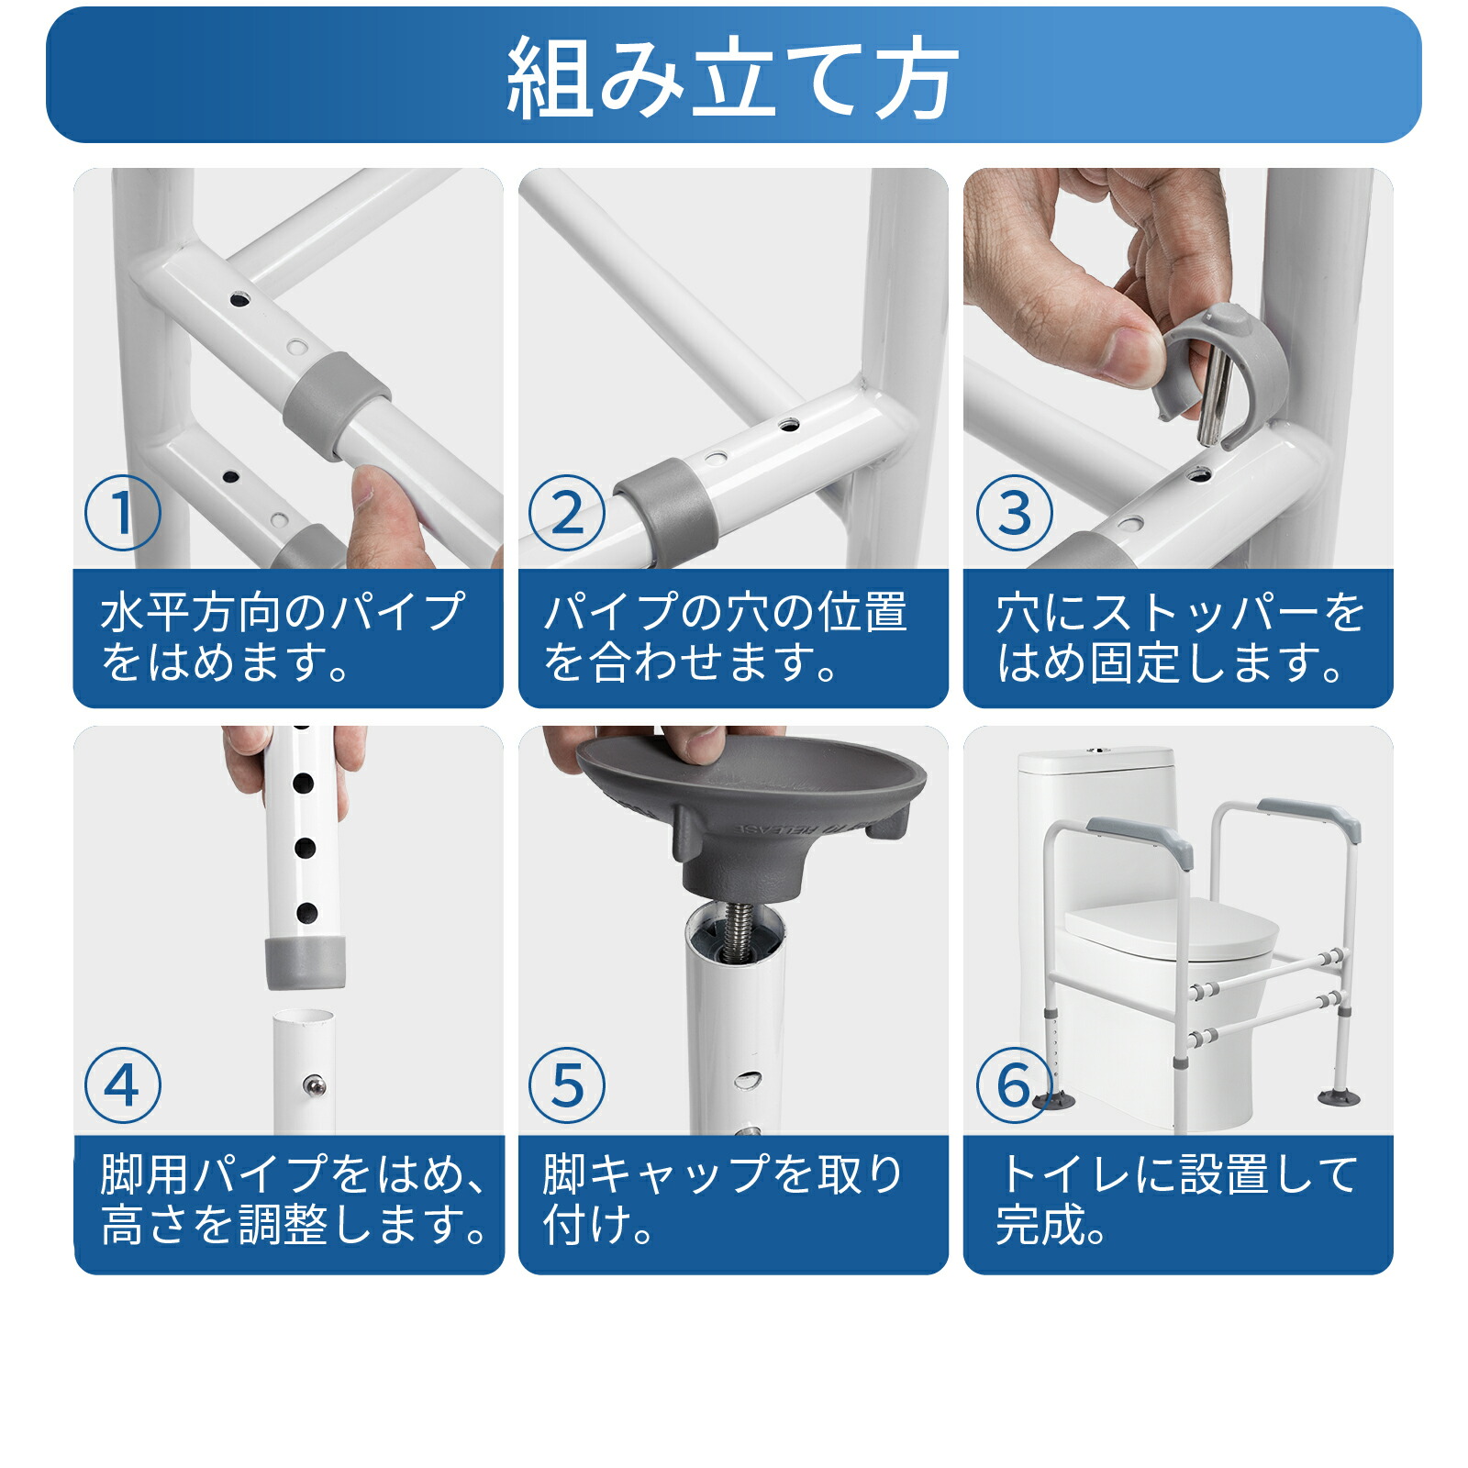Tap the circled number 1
[122, 513]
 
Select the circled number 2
[567, 513]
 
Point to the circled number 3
[1013, 513]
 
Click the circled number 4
[122, 1084]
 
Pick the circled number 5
[567, 1084]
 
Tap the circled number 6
[1013, 1084]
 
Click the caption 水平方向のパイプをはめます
[284, 638]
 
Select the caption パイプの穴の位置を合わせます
[725, 638]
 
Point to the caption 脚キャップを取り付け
[725, 1199]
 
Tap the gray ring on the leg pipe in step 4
[306, 963]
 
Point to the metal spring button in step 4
[315, 1086]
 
